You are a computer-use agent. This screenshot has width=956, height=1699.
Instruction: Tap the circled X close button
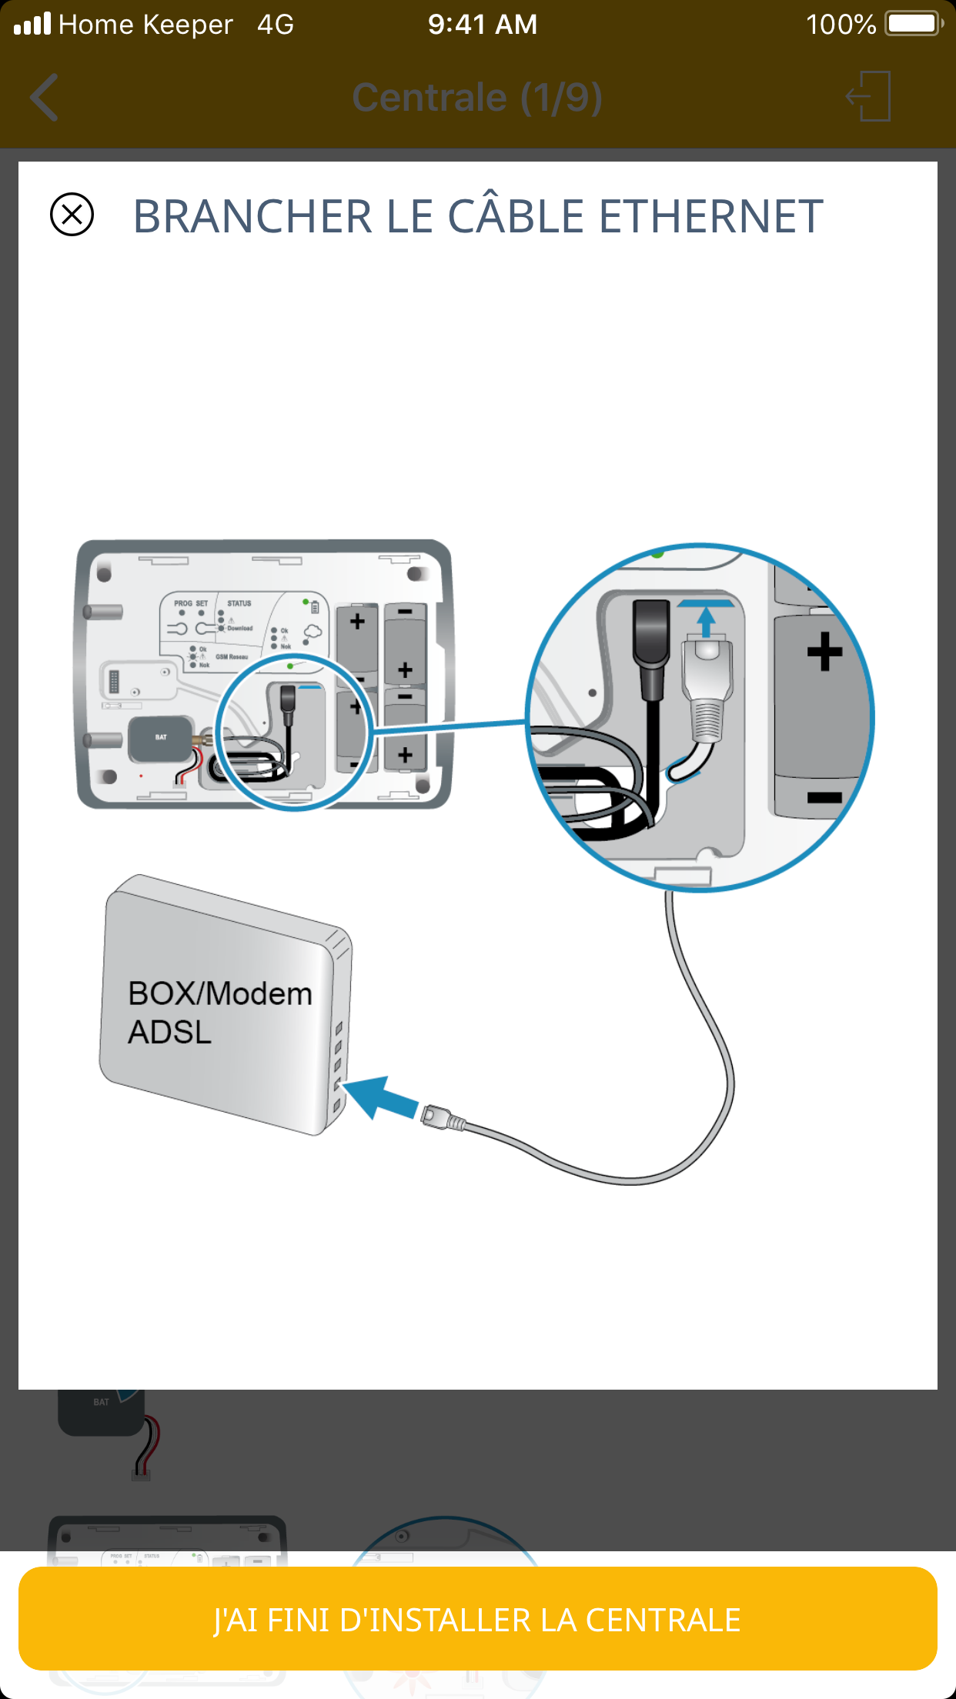[72, 214]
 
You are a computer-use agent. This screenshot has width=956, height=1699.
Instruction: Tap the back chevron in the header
[45, 98]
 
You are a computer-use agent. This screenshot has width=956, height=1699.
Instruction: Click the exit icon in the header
[869, 96]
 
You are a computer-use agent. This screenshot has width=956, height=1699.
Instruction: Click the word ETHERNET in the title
[710, 216]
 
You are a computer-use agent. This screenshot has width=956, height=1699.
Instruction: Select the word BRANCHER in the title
[253, 216]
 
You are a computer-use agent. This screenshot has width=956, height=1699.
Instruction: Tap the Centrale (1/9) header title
[477, 98]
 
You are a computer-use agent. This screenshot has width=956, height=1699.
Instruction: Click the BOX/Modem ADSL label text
[219, 1012]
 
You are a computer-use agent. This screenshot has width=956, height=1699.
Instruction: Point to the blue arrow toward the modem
[380, 1097]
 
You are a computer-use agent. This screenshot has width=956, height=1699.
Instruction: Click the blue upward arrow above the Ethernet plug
[706, 619]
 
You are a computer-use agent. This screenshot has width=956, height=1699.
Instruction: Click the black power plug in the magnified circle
[651, 646]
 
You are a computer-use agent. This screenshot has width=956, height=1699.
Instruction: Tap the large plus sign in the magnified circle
[824, 651]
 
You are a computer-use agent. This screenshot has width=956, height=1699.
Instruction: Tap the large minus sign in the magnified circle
[824, 797]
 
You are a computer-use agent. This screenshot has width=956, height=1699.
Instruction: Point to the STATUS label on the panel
[239, 603]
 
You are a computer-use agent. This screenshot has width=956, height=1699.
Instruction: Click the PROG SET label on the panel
[191, 603]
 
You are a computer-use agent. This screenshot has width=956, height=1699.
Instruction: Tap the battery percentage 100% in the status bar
[841, 25]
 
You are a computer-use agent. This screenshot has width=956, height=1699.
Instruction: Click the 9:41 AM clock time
[483, 25]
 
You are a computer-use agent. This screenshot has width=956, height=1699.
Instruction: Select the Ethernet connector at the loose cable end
[442, 1117]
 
